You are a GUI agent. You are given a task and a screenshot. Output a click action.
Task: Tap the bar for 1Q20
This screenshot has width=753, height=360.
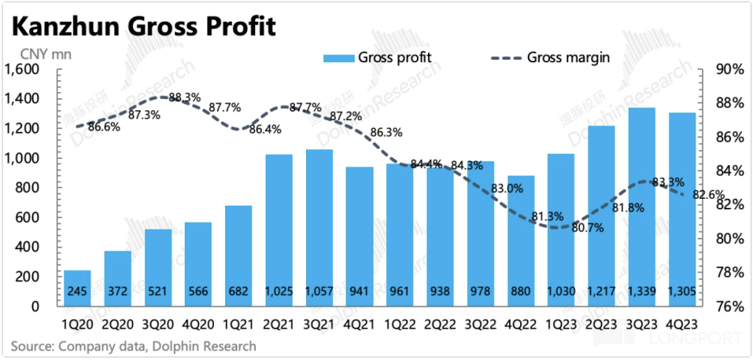pos(77,287)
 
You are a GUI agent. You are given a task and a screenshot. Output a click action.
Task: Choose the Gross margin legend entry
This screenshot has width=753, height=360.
pos(550,57)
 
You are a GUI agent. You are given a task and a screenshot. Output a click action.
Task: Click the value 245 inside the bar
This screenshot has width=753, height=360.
pos(77,291)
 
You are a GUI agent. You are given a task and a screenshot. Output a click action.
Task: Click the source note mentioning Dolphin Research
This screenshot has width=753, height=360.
pos(133,345)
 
